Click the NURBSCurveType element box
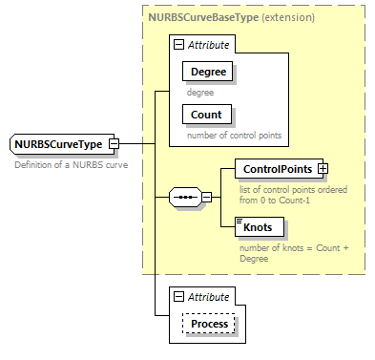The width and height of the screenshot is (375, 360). (59, 144)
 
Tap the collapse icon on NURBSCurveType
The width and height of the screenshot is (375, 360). (114, 144)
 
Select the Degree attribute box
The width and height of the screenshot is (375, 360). (208, 72)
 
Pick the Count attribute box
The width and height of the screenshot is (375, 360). (206, 115)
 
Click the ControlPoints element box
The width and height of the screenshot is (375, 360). (277, 169)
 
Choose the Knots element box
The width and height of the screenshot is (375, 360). (257, 227)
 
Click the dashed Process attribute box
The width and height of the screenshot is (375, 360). (209, 324)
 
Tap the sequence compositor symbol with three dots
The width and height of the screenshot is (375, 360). (183, 197)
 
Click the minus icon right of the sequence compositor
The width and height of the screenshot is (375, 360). (206, 197)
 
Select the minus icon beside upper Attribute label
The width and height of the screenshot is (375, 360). (177, 45)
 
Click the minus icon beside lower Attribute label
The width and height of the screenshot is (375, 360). (177, 297)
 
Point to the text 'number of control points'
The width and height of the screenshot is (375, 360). (234, 135)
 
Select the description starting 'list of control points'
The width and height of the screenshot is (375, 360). (292, 194)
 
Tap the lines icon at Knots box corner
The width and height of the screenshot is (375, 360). (240, 220)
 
